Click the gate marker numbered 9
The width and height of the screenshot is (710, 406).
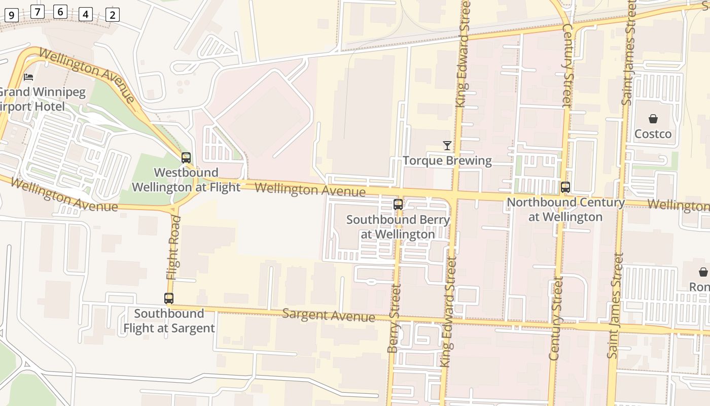click(x=11, y=15)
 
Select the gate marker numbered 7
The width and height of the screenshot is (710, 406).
click(x=38, y=11)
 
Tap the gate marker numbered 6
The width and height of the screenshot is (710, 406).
click(x=60, y=11)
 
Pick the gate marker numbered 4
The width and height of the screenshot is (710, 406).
click(x=85, y=14)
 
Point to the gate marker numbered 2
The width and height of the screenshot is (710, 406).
click(x=113, y=15)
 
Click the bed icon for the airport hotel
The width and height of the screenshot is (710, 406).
click(x=29, y=77)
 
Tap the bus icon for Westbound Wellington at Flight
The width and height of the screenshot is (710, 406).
click(x=186, y=157)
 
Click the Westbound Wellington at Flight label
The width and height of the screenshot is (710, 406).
click(x=186, y=180)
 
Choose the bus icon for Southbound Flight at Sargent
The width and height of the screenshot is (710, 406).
click(x=169, y=298)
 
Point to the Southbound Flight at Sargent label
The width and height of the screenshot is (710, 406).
click(x=169, y=321)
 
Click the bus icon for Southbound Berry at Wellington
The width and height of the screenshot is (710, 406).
click(x=398, y=205)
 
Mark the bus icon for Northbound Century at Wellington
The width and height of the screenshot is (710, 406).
click(x=565, y=187)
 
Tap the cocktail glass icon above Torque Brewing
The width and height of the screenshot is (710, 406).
click(x=447, y=146)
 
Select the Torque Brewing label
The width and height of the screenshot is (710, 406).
click(x=447, y=161)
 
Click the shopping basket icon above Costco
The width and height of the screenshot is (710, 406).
click(x=653, y=119)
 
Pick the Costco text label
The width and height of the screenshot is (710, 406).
click(x=653, y=134)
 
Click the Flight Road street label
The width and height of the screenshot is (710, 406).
click(x=173, y=248)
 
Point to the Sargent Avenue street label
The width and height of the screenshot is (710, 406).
click(x=329, y=315)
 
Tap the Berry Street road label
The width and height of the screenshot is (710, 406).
click(x=394, y=319)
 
